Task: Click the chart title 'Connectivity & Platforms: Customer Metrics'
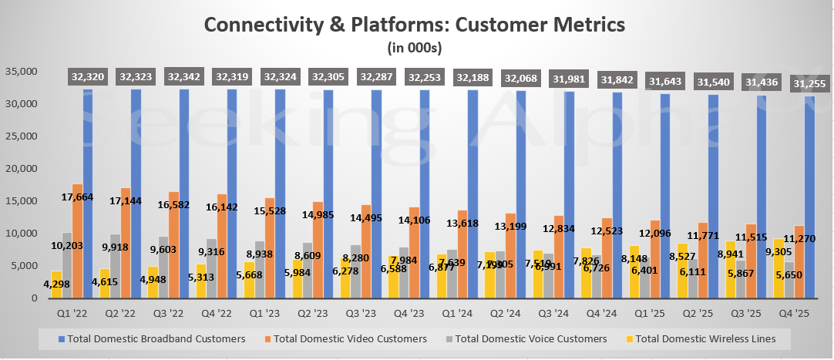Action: [415, 24]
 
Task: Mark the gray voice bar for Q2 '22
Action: [115, 267]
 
